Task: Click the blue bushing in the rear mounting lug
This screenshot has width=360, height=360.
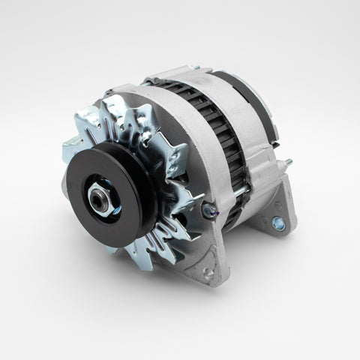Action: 278,223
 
